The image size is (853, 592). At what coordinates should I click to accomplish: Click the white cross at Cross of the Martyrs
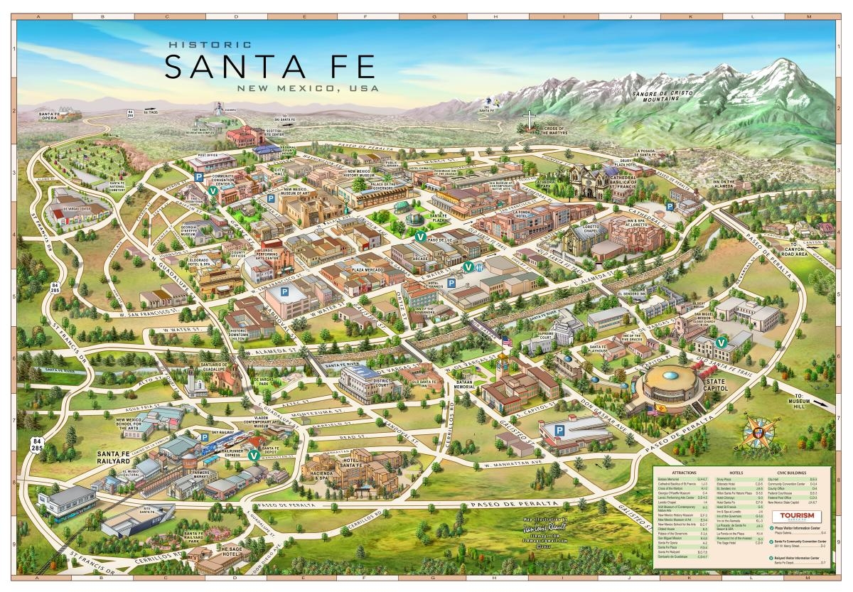pyautogui.click(x=528, y=119)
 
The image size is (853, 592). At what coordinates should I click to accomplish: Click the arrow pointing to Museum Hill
pyautogui.click(x=818, y=403)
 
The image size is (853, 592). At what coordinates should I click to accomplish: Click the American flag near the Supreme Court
pyautogui.click(x=506, y=342)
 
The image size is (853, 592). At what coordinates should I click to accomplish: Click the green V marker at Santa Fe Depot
pyautogui.click(x=254, y=456)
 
